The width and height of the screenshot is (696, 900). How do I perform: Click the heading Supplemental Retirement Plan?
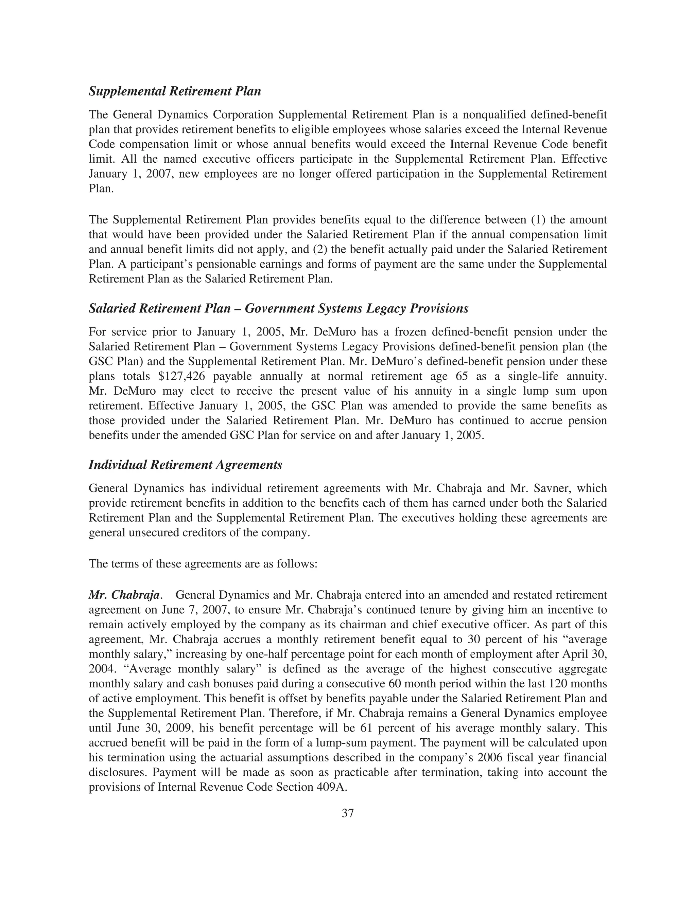[x=175, y=91]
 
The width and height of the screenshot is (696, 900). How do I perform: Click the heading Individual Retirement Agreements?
[x=185, y=465]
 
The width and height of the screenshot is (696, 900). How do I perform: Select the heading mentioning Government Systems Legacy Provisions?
[x=278, y=308]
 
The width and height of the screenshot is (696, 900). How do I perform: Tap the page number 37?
[x=348, y=813]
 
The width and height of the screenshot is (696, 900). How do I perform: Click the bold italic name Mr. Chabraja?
[x=124, y=595]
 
